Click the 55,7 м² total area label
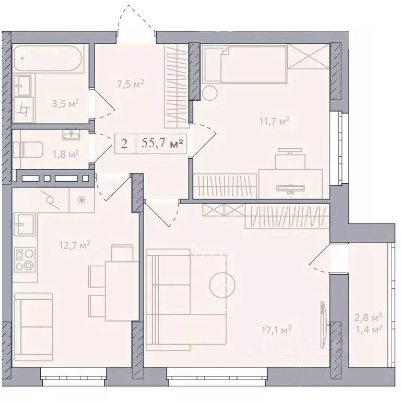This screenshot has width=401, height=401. pyautogui.click(x=162, y=144)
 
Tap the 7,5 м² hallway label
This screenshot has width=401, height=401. pyautogui.click(x=131, y=84)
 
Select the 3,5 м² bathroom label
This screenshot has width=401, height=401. pyautogui.click(x=65, y=103)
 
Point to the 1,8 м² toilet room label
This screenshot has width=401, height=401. pyautogui.click(x=66, y=154)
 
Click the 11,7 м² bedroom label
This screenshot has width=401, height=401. pyautogui.click(x=275, y=121)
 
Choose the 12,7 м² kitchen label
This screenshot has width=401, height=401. pyautogui.click(x=75, y=245)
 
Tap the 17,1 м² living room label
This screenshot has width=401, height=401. pyautogui.click(x=276, y=329)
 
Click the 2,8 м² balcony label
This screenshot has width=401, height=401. pyautogui.click(x=368, y=318)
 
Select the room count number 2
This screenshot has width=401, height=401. pyautogui.click(x=124, y=144)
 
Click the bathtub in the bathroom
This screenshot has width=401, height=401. pyautogui.click(x=48, y=58)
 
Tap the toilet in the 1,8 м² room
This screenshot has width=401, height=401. pyautogui.click(x=28, y=150)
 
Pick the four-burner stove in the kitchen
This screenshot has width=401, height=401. pyautogui.click(x=25, y=260)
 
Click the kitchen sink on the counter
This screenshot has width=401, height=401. pyautogui.click(x=25, y=224)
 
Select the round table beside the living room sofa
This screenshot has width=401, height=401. pyautogui.click(x=222, y=285)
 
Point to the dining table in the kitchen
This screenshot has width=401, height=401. pyautogui.click(x=122, y=291)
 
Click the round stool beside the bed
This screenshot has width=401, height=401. pyautogui.click(x=210, y=92)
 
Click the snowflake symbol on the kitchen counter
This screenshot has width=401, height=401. pyautogui.click(x=81, y=200)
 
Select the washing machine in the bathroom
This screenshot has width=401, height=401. pyautogui.click(x=24, y=110)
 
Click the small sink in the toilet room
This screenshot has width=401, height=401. pyautogui.click(x=71, y=134)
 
